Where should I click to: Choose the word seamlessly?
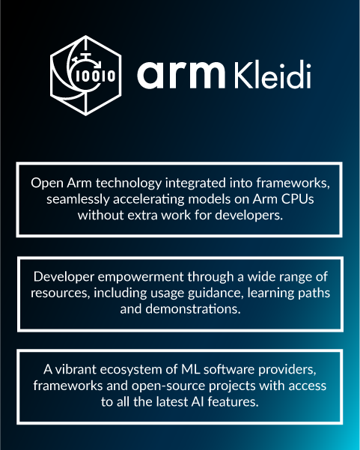[82, 199]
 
